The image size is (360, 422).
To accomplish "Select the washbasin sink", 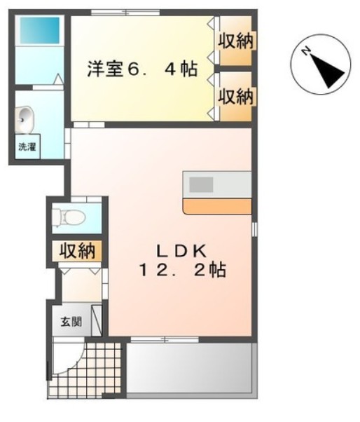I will click(x=25, y=119).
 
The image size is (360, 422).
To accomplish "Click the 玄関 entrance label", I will click(x=70, y=322).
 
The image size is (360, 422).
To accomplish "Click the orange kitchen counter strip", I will click(x=216, y=205).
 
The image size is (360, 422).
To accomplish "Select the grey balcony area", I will click(x=191, y=368).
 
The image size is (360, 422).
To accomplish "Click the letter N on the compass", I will click(x=306, y=51).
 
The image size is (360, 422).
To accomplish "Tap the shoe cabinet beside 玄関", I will click(x=97, y=319).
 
